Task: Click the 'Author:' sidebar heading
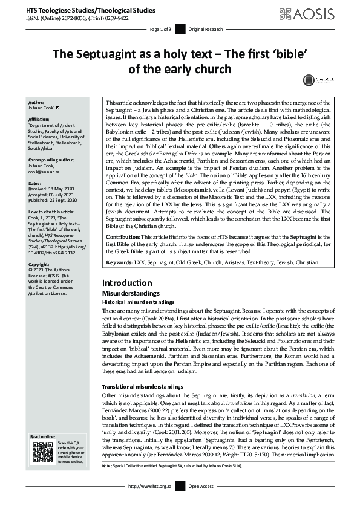(36, 103)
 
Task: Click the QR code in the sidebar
(41, 452)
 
